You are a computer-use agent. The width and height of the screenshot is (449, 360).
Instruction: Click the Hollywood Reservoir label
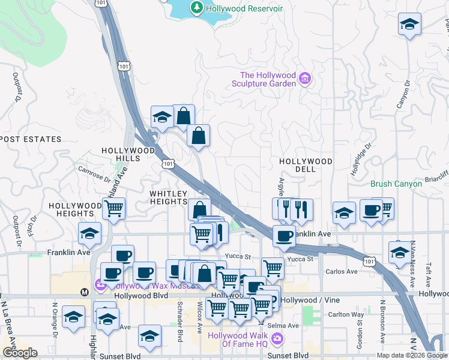pos(244,8)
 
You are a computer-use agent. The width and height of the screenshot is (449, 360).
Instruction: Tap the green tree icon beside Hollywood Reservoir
pos(196,7)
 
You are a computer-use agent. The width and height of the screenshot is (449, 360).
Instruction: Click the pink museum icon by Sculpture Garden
pos(305,78)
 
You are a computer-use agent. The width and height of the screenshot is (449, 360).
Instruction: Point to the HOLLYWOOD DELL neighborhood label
pos(306,165)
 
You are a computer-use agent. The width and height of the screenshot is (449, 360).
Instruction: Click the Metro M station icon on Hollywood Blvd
pos(85,292)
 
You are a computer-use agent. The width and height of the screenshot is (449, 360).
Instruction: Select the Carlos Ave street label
pos(342,271)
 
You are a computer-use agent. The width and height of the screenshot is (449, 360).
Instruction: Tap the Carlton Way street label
pos(346,314)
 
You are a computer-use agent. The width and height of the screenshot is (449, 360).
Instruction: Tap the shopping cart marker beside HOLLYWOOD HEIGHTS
pos(113,209)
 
